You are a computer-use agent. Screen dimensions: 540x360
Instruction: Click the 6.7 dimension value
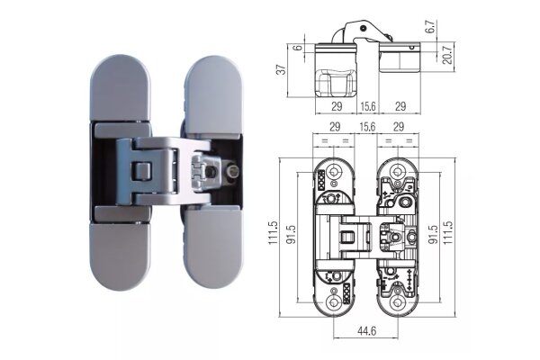coord(431,26)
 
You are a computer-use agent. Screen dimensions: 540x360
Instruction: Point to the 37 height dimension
coord(282,69)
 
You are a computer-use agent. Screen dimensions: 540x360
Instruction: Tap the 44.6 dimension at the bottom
coord(367,331)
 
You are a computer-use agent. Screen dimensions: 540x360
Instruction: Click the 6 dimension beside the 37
coord(299,47)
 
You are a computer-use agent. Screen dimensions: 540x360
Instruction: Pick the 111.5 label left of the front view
coord(273,233)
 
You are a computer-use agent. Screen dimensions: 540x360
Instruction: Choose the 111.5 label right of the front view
coord(447,233)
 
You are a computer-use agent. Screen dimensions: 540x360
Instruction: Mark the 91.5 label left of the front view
coord(292,234)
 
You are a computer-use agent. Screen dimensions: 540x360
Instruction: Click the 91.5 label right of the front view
coord(433,234)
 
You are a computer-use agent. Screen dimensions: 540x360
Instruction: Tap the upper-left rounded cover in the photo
coord(121,88)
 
